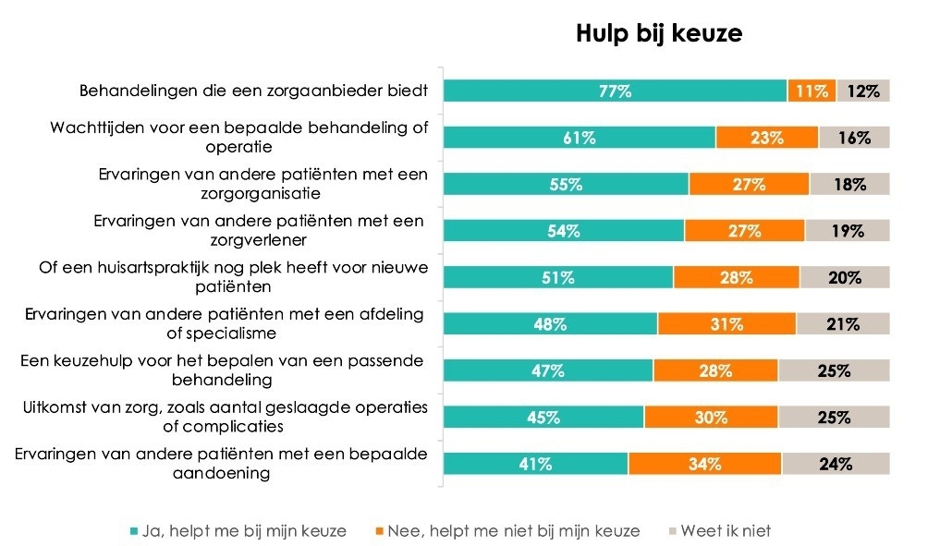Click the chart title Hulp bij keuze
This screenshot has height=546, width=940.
pyautogui.click(x=659, y=34)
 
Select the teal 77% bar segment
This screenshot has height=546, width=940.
pyautogui.click(x=615, y=91)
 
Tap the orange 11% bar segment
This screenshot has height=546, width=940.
pyautogui.click(x=812, y=91)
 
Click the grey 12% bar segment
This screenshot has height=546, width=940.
pyautogui.click(x=863, y=91)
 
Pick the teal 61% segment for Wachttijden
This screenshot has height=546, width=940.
pyautogui.click(x=580, y=138)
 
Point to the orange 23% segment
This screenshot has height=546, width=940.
pyautogui.click(x=767, y=138)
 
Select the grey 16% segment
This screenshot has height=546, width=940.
pyautogui.click(x=854, y=138)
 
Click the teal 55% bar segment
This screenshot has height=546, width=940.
pyautogui.click(x=566, y=184)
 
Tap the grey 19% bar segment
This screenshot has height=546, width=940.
pyautogui.click(x=848, y=231)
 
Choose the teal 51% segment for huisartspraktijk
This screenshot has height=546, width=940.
pyautogui.click(x=558, y=277)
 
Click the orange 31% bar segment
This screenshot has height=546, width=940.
pyautogui.click(x=726, y=324)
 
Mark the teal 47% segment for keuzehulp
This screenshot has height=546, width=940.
pyautogui.click(x=548, y=370)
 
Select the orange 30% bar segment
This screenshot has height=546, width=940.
pyautogui.click(x=711, y=418)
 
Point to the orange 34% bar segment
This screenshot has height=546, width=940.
pyautogui.click(x=704, y=464)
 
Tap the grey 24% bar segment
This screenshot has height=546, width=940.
pyautogui.click(x=836, y=464)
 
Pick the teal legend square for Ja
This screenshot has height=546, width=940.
pyautogui.click(x=135, y=531)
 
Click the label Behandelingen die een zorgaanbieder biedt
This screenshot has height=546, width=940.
pyautogui.click(x=253, y=91)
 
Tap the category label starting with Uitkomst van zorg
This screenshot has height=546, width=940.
pyautogui.click(x=226, y=418)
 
